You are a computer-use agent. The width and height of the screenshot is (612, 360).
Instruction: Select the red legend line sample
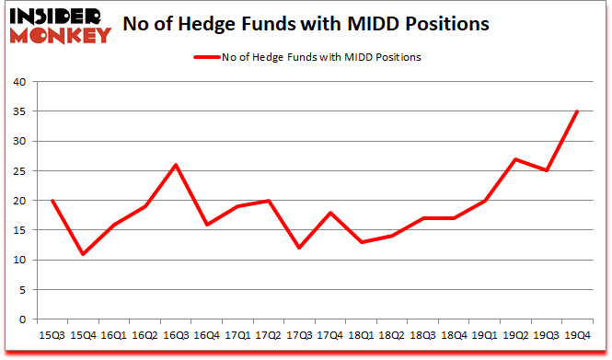click(x=205, y=58)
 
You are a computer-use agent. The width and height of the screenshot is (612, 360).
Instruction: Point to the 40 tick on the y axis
click(x=20, y=82)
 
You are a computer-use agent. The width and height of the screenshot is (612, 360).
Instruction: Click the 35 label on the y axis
click(x=20, y=111)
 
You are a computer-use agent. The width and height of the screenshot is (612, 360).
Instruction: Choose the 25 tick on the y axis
click(x=20, y=171)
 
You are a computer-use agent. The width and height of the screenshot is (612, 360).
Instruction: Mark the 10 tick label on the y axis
click(x=20, y=261)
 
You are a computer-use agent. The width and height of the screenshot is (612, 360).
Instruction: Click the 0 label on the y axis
click(x=24, y=319)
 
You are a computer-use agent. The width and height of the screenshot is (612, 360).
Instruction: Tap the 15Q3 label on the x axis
click(x=52, y=335)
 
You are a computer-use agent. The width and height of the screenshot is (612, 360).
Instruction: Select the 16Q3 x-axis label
click(x=176, y=335)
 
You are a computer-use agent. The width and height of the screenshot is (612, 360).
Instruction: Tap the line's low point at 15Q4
click(x=83, y=254)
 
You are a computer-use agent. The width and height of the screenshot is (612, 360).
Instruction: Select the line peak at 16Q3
click(x=176, y=165)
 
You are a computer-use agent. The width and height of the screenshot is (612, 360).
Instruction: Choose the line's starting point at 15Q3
click(x=52, y=201)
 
